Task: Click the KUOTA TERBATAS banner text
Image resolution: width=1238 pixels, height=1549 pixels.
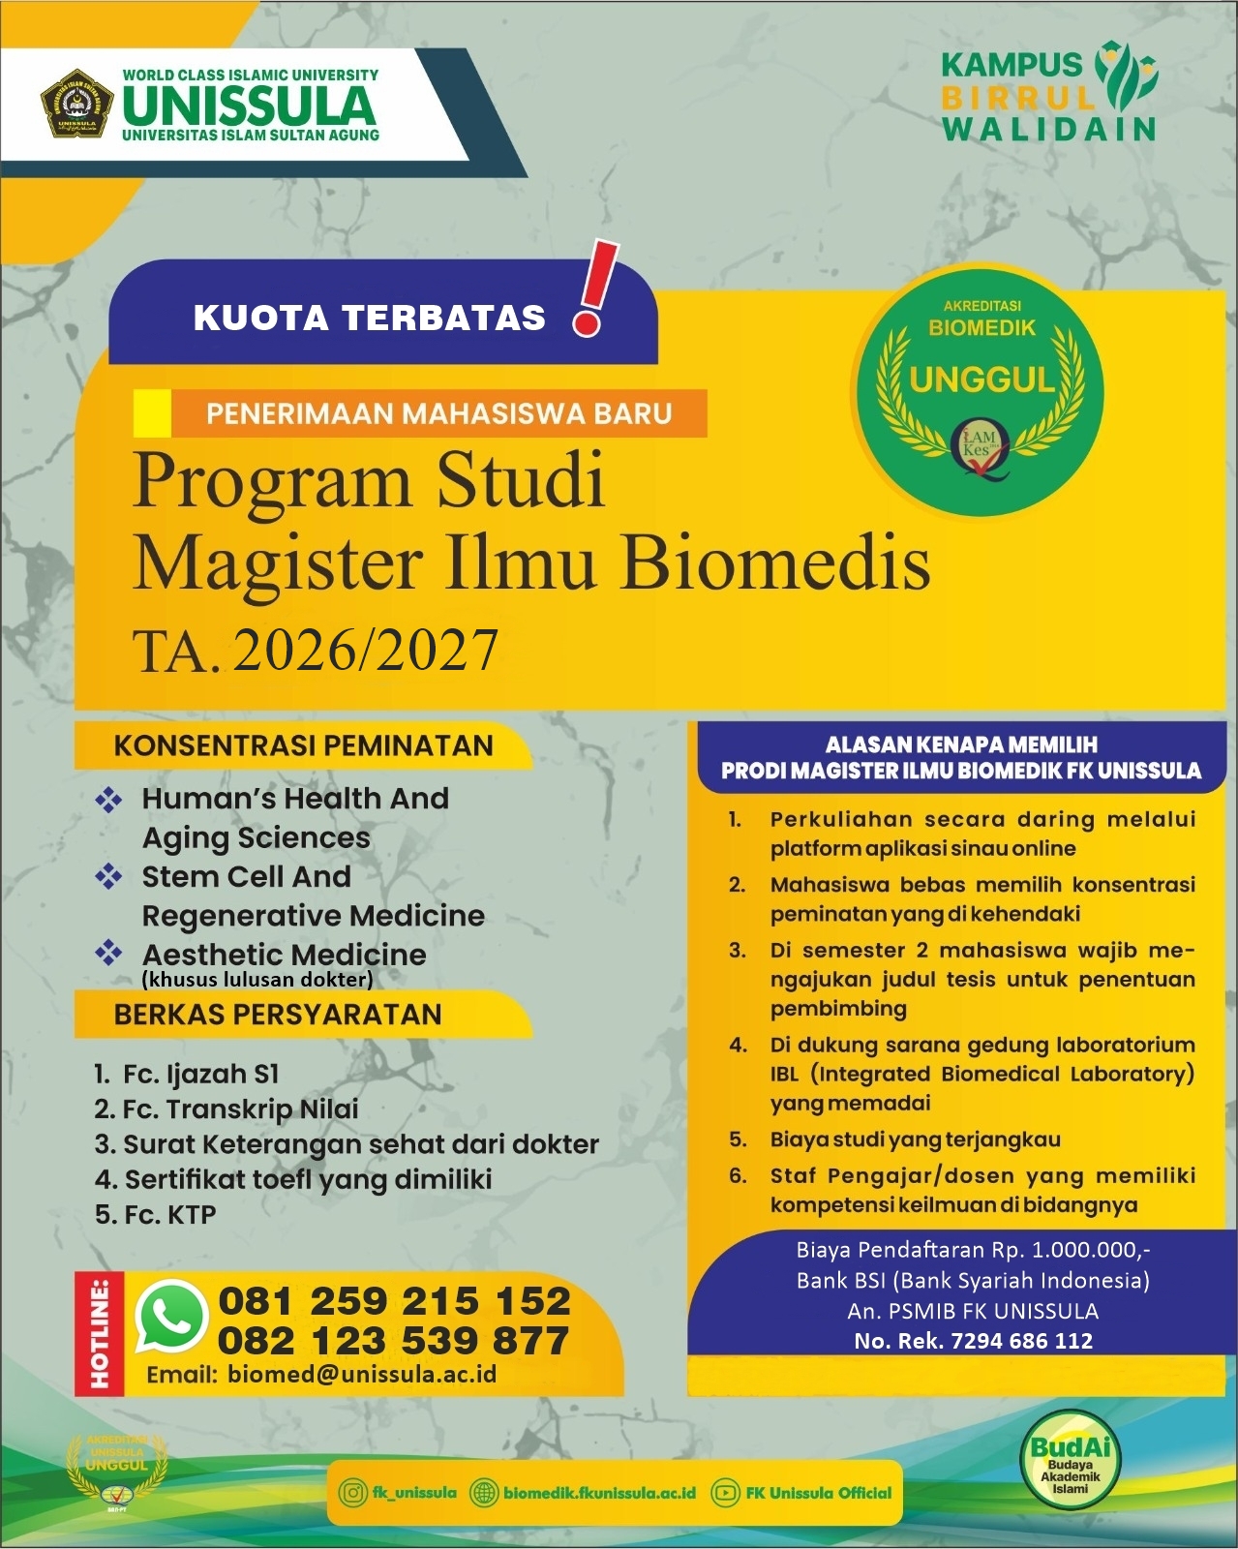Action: coord(369,318)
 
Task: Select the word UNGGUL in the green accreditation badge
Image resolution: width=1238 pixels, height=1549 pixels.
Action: coord(981,380)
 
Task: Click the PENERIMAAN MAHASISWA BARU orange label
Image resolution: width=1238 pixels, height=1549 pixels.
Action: coord(438,413)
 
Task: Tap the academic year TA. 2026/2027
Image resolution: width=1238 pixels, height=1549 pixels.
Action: coord(316,650)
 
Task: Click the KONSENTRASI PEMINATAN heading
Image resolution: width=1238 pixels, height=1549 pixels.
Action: coord(303,745)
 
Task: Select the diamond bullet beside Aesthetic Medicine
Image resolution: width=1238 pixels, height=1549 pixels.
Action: coord(108,954)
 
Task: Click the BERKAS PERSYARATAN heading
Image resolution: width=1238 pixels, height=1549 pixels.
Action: coord(277,1015)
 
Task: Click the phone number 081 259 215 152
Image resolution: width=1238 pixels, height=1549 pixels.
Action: coord(394,1300)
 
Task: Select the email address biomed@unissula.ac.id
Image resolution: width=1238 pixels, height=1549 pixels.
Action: coord(362,1374)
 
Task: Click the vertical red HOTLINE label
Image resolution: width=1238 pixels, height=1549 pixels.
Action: coord(100,1333)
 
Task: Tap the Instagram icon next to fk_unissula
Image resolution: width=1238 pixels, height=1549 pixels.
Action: coord(352,1493)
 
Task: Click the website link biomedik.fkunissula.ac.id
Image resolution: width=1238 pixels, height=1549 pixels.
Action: coord(599,1493)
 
